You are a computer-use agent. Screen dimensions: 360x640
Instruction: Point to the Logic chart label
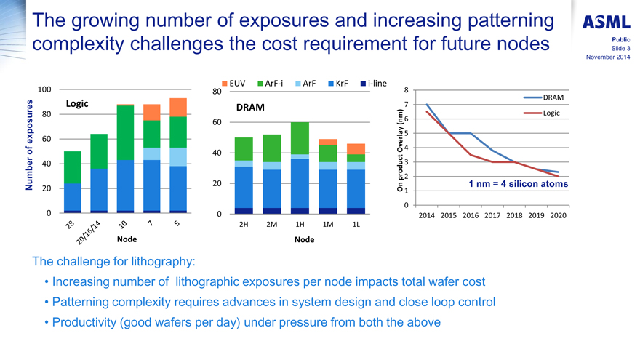tap(79, 104)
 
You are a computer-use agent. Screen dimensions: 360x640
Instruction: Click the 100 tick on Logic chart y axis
tap(43, 89)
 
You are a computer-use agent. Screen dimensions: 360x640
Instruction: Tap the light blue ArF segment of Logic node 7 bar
tap(152, 153)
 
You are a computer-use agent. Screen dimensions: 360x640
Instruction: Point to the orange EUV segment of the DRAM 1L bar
tap(356, 148)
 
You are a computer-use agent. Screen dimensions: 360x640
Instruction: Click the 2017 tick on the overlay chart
tap(492, 215)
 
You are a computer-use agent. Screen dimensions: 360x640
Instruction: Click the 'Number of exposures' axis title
tap(31, 148)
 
